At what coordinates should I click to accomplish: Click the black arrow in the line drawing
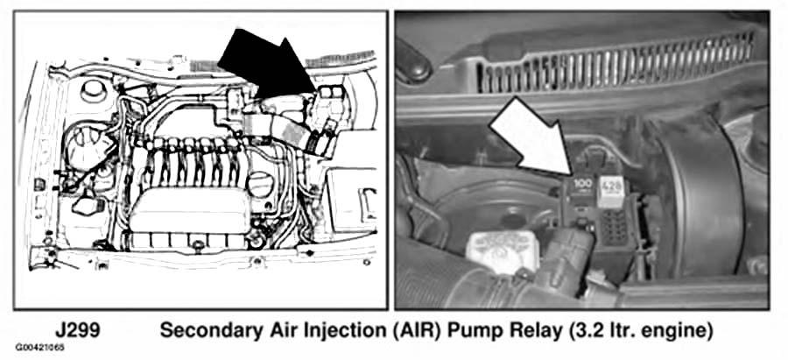coord(269,63)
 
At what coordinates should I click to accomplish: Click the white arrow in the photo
coord(532,135)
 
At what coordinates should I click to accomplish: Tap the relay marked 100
coord(583,187)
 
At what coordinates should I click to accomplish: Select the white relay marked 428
coord(610,190)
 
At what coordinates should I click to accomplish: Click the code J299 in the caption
coord(78,331)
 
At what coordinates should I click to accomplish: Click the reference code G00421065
coord(39,348)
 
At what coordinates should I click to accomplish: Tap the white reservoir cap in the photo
coord(503,251)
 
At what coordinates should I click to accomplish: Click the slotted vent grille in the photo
coord(616,63)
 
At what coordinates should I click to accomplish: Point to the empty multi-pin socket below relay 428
coord(613,226)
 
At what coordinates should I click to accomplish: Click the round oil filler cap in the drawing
coord(260,185)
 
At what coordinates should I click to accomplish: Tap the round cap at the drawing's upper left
coord(94,91)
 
